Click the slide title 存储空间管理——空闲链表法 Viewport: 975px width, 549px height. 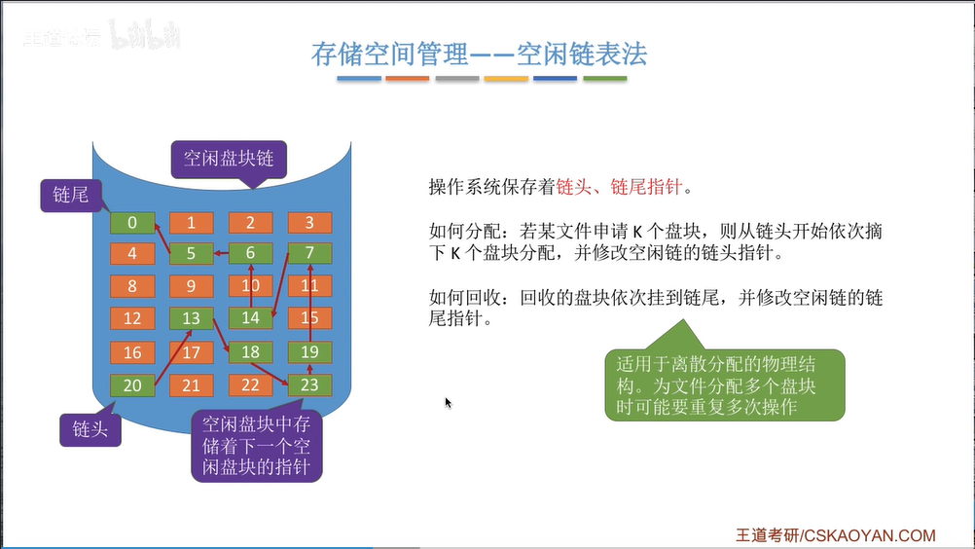click(479, 53)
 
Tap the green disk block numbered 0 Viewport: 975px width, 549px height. click(132, 223)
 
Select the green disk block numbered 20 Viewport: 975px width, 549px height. click(132, 385)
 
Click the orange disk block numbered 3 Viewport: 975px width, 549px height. click(309, 223)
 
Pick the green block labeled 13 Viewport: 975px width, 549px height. click(192, 318)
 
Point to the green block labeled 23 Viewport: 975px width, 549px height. click(309, 384)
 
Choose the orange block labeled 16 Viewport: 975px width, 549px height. click(132, 352)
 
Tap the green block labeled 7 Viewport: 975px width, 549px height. click(309, 254)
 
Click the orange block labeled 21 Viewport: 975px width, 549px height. click(192, 385)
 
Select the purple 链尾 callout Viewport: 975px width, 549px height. click(70, 195)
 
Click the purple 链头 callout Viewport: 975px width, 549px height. click(90, 428)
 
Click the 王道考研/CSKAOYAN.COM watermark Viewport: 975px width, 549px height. click(835, 535)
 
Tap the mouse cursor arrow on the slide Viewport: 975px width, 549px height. click(449, 403)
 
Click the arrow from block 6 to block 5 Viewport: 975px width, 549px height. click(221, 254)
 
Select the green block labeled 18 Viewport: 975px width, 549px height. click(250, 352)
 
